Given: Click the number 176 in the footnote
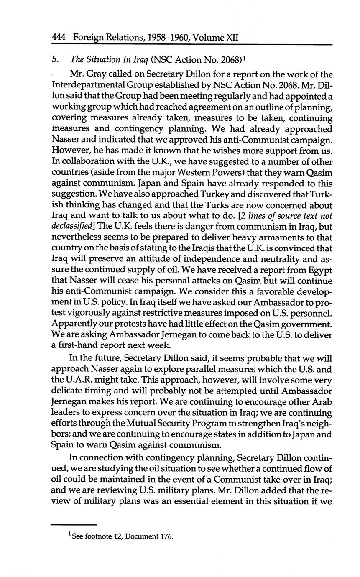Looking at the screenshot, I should click(166, 536).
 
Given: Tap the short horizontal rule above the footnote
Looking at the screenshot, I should click(74, 524).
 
